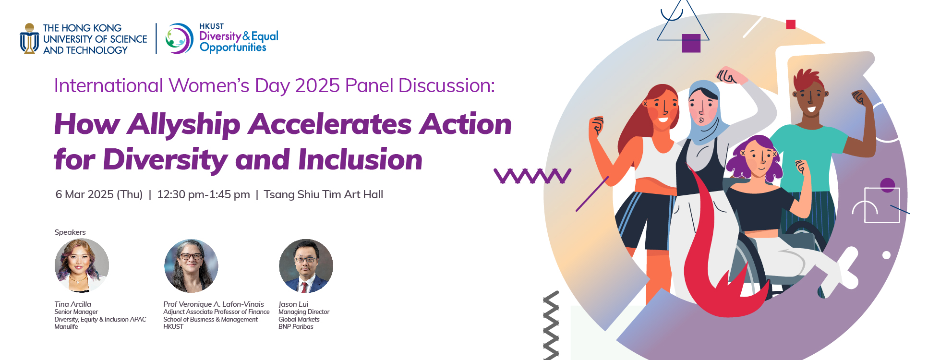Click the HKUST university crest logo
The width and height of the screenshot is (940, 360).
click(x=29, y=38)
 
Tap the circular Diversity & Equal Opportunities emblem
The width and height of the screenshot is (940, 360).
click(x=179, y=38)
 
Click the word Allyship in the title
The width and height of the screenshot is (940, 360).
click(x=184, y=124)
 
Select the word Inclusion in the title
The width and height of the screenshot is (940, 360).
click(x=360, y=159)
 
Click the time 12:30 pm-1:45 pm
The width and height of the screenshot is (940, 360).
click(x=204, y=194)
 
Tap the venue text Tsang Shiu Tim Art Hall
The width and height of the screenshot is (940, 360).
click(x=323, y=194)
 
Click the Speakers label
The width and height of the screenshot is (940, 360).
click(x=70, y=232)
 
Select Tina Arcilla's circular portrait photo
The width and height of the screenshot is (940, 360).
click(x=82, y=265)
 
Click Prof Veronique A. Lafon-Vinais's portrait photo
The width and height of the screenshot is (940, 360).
click(x=191, y=265)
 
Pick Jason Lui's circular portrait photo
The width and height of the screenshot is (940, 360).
click(x=306, y=265)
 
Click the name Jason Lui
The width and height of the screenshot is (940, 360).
click(x=293, y=304)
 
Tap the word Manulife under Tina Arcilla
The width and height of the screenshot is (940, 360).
click(x=66, y=327)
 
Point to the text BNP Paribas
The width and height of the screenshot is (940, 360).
click(x=296, y=327)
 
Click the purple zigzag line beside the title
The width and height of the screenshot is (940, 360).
click(x=532, y=176)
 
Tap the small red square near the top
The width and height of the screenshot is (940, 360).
click(x=791, y=24)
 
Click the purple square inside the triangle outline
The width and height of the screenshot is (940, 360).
click(x=691, y=43)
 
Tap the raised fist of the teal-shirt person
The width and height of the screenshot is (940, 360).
click(x=862, y=98)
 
